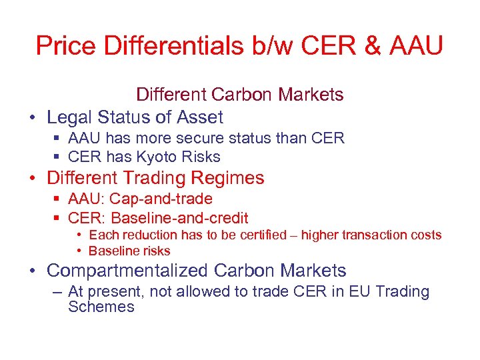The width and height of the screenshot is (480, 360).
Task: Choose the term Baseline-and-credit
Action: (180, 217)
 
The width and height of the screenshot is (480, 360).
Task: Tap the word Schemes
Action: (101, 307)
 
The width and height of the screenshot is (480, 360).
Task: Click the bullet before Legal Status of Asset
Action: (31, 119)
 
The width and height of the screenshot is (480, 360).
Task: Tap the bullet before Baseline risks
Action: (79, 251)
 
